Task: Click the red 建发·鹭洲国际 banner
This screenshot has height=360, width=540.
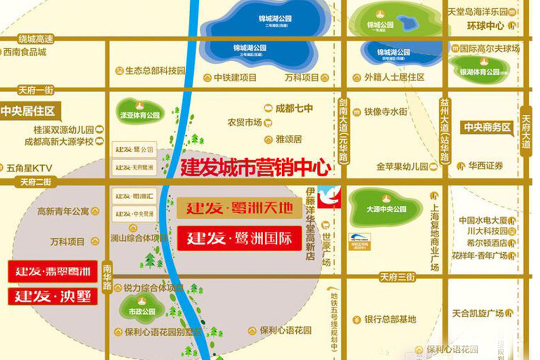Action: (239, 239)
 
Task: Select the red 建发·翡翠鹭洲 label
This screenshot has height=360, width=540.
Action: (53, 271)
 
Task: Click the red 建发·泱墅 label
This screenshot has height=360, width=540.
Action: (53, 296)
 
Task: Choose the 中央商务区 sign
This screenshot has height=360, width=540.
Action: (486, 128)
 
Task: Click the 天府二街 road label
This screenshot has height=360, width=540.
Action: (36, 182)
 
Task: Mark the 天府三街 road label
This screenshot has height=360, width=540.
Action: (397, 277)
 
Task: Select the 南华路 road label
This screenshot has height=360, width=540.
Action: (107, 277)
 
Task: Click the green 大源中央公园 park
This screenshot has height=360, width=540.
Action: (386, 208)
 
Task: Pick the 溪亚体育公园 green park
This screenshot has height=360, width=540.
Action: (140, 113)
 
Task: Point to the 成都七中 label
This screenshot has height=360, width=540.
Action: (293, 108)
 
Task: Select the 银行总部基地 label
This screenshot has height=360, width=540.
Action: (390, 319)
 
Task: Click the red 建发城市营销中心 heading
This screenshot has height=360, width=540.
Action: (255, 167)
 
